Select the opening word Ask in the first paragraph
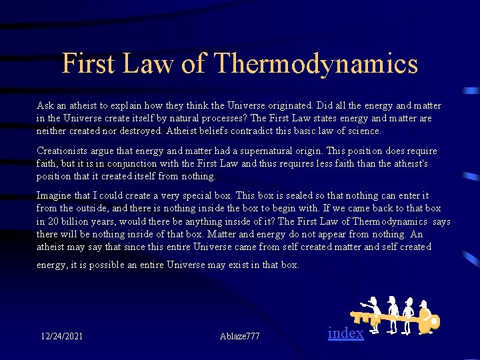(x=45, y=106)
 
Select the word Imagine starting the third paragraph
(x=56, y=196)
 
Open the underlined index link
(x=346, y=333)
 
